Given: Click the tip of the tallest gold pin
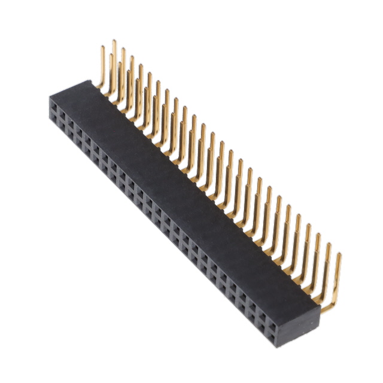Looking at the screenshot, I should tap(114, 41).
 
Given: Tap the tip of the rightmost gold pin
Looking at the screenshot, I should tap(339, 254).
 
